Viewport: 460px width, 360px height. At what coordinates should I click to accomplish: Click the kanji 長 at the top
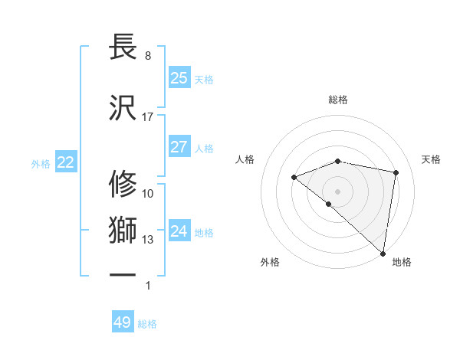pos(123,47)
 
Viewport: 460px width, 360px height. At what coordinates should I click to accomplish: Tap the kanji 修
pos(123,184)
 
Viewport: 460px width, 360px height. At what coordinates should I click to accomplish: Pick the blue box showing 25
pos(179,77)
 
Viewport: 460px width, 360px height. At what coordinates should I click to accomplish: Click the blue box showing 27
pos(179,147)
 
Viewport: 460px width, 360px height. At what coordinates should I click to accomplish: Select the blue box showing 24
pos(179,231)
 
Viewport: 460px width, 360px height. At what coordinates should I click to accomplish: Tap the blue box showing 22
pos(66,162)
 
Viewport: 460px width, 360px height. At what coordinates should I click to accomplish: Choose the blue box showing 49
pos(123,322)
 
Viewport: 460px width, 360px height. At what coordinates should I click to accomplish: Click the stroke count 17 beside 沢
pos(148,117)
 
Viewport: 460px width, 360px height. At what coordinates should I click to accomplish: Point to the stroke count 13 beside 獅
pos(148,240)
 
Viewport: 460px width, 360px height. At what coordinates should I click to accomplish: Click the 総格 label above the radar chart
pos(338,100)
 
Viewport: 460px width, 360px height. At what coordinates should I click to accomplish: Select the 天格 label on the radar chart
pos(432,159)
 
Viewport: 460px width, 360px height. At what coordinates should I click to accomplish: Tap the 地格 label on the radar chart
pos(402,263)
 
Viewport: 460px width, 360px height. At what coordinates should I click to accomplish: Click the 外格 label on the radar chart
pos(270,263)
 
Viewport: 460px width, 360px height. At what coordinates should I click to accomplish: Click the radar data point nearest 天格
pos(396,172)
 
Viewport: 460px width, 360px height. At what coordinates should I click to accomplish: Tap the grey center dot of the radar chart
pos(338,191)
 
